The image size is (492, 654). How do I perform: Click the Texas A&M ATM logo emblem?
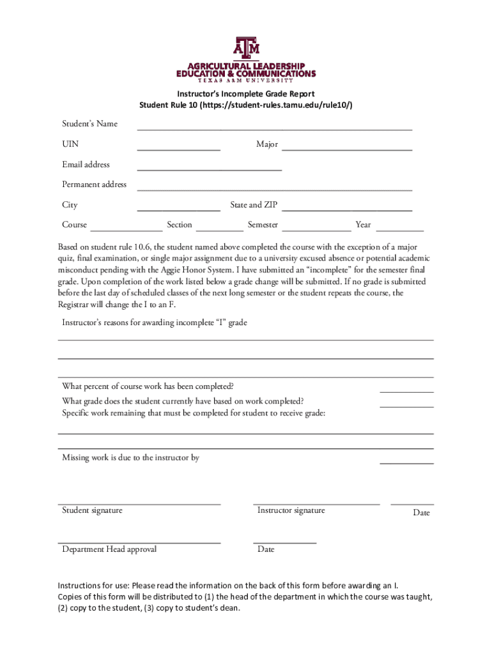point(246,48)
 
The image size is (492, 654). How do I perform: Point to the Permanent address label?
point(94,185)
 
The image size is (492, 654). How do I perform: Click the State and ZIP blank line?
point(347,209)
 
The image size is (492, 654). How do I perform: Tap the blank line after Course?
point(126,229)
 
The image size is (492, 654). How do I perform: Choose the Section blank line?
point(220,229)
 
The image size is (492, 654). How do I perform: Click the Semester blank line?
point(316,229)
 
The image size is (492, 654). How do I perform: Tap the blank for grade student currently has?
point(406,406)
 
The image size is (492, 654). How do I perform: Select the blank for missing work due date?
point(406,462)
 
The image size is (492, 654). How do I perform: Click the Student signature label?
point(92,510)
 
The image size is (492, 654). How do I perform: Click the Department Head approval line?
point(139,542)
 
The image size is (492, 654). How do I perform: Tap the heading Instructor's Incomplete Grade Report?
point(246,94)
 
